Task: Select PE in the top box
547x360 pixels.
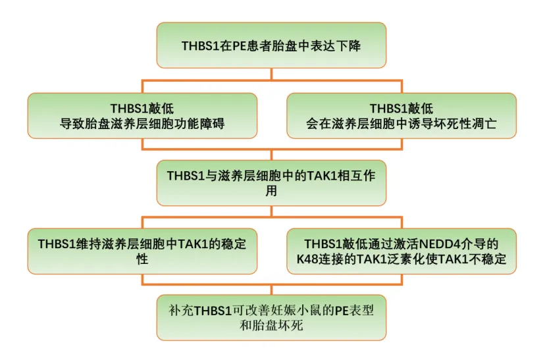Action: (240, 45)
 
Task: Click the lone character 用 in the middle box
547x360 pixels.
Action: (271, 191)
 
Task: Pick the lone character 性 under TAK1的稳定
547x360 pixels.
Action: (142, 259)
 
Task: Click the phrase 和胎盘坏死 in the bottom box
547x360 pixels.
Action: (271, 326)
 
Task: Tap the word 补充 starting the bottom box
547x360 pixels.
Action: (181, 310)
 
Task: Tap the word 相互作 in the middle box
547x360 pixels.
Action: (357, 176)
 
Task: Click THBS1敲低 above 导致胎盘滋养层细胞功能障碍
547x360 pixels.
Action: (142, 109)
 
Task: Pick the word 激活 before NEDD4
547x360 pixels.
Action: (405, 244)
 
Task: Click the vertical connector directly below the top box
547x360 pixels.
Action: (271, 74)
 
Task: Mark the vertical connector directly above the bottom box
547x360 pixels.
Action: (271, 290)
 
